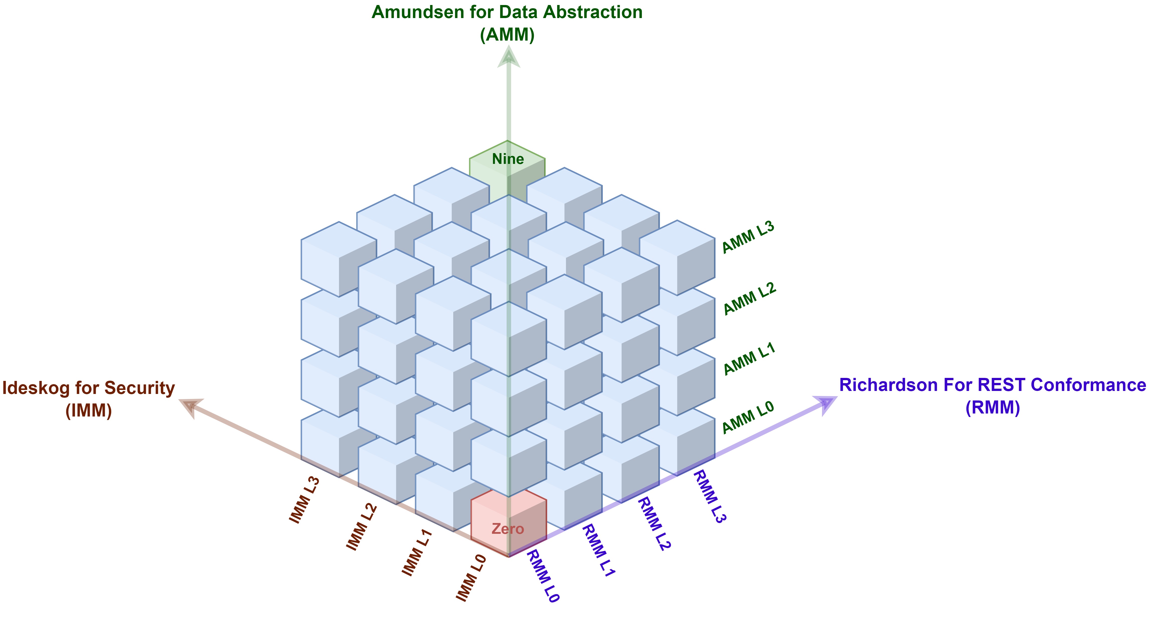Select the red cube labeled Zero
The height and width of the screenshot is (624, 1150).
tap(508, 523)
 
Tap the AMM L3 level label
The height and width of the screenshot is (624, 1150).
tap(748, 237)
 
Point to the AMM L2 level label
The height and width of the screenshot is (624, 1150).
tap(750, 298)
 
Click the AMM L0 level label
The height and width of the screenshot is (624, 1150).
tap(748, 418)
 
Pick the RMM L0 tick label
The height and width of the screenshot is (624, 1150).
tap(543, 576)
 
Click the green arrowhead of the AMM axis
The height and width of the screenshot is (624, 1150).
tap(509, 57)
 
